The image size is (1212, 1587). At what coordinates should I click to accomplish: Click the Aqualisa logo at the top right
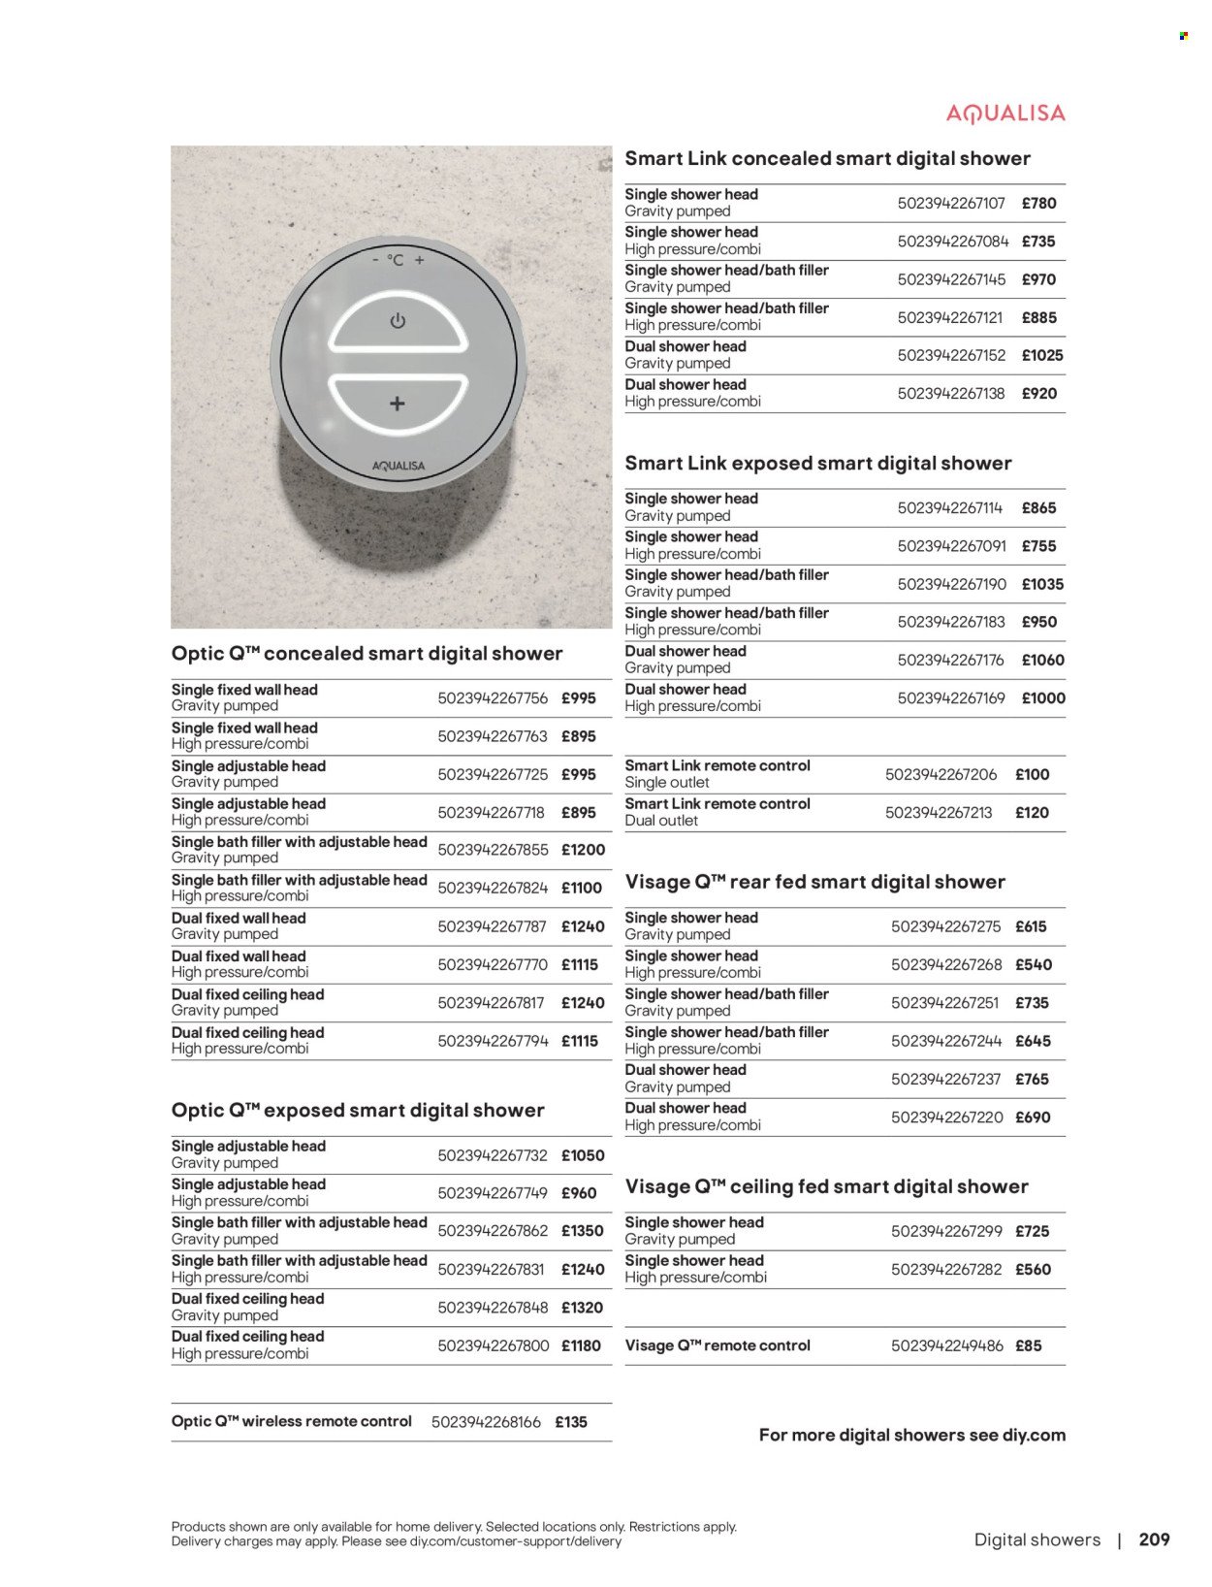coord(1005,114)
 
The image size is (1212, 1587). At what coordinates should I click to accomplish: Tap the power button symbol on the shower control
coord(398,321)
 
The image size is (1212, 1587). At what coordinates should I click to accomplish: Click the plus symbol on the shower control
coord(398,404)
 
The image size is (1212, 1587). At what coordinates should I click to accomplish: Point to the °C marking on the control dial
coord(396,260)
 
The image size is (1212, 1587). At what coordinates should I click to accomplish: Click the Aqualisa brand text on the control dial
coord(399,466)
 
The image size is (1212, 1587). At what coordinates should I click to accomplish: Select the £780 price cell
coord(1038,203)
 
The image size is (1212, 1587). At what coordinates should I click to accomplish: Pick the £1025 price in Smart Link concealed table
coord(1042,355)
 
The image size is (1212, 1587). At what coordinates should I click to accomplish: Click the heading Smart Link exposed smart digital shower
coord(817,463)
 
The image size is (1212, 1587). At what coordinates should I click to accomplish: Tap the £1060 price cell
coord(1042,660)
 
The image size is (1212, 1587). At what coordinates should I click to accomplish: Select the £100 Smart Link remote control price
coord(1032,774)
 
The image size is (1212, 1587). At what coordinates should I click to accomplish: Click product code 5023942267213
coord(938,812)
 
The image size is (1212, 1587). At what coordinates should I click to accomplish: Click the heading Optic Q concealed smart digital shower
coord(367,653)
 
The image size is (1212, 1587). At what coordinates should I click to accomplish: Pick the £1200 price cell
coord(583,850)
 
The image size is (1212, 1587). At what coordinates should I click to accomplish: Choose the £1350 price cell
coord(582,1230)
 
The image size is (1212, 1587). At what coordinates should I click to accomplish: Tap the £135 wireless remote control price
coord(571,1422)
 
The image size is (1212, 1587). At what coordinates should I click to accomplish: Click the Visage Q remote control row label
coord(718,1345)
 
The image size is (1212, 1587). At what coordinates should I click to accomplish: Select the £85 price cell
coord(1028,1345)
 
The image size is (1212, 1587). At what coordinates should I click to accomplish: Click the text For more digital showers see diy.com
coord(911,1435)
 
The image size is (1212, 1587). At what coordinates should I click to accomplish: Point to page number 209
coord(1154,1539)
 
